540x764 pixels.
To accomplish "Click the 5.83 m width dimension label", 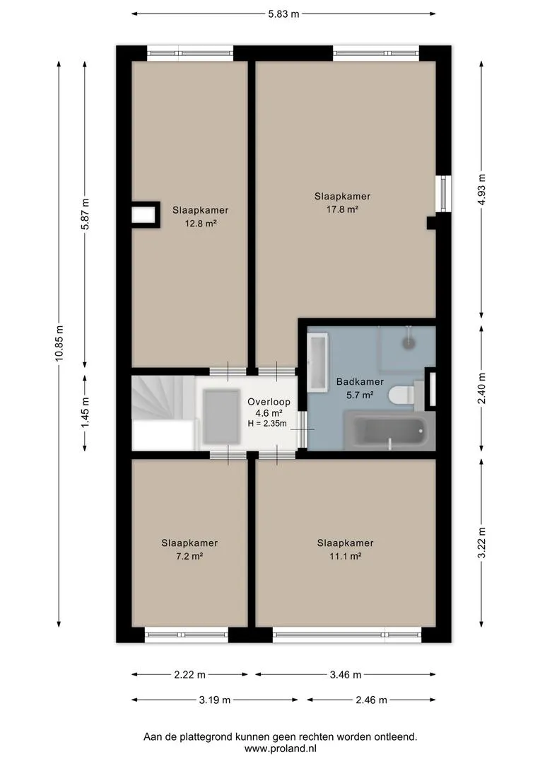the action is [x=283, y=14].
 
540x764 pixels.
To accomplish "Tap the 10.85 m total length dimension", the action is [x=59, y=343].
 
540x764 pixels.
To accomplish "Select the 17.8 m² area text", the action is [x=342, y=209].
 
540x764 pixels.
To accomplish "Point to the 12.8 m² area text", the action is [x=201, y=224].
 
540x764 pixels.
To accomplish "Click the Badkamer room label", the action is [x=360, y=381].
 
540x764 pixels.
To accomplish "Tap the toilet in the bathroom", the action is [x=401, y=394].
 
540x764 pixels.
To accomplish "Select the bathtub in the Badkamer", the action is [x=389, y=431].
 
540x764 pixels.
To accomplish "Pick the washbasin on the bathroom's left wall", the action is [x=317, y=362].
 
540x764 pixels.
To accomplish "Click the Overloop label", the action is [x=269, y=402].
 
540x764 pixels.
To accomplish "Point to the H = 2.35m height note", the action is [x=267, y=424].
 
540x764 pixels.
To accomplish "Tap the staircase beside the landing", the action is [x=163, y=412].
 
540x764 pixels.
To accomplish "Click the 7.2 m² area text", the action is [x=189, y=556].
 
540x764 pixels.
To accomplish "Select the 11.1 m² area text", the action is [x=345, y=556].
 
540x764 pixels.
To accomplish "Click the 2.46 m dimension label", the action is [x=372, y=700].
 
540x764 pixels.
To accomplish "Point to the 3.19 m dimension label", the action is [x=215, y=700].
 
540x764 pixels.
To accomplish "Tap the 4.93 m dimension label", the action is [x=481, y=190].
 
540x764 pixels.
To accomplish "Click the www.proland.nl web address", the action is [x=281, y=748].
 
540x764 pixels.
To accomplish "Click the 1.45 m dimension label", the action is [x=85, y=412].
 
